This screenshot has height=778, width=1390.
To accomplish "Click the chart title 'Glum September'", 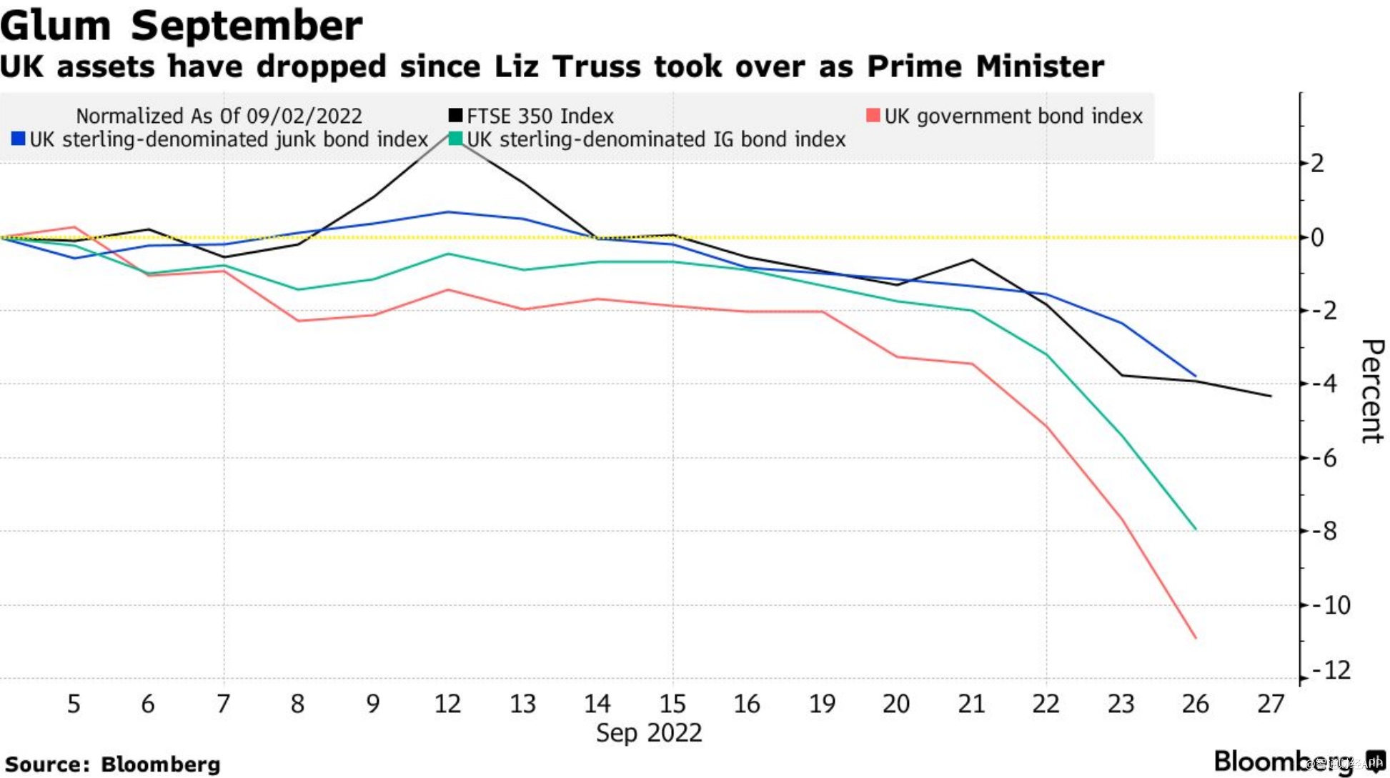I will [182, 26].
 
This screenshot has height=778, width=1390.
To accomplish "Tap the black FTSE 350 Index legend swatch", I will [455, 115].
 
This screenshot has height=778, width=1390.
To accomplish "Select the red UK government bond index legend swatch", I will [873, 115].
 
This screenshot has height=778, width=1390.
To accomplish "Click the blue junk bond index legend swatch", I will [19, 139].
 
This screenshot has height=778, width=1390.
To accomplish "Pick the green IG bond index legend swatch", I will [455, 139].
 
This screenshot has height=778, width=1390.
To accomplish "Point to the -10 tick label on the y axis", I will [1331, 605].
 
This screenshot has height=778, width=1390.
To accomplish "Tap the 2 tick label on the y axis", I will [1317, 163].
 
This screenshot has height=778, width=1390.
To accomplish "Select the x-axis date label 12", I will [447, 704].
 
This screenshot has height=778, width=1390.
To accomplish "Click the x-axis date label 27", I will [1271, 704].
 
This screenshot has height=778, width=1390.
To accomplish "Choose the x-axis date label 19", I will [822, 704].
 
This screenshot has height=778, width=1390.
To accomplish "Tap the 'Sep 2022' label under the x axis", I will [649, 733].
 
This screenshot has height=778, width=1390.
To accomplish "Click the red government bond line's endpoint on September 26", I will [1196, 637].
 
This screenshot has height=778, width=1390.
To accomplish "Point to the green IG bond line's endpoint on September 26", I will [1196, 529].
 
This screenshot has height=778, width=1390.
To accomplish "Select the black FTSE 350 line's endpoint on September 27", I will [1271, 396].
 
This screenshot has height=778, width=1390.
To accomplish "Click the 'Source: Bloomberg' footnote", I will [113, 764].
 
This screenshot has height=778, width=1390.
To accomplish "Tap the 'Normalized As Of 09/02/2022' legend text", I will [219, 116].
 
